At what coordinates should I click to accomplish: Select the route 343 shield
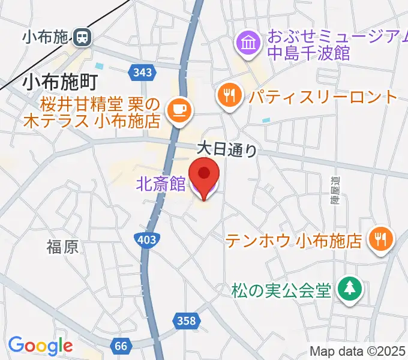[x=142, y=73]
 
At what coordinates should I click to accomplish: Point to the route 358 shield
[x=187, y=321]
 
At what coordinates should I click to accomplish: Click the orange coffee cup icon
[x=179, y=109]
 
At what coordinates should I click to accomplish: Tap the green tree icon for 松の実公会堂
[x=349, y=289]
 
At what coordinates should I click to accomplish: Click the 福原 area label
[x=62, y=246]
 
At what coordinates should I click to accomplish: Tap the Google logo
[x=40, y=345]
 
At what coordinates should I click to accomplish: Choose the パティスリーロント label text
[x=323, y=97]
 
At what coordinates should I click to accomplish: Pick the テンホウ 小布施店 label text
[x=294, y=241]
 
